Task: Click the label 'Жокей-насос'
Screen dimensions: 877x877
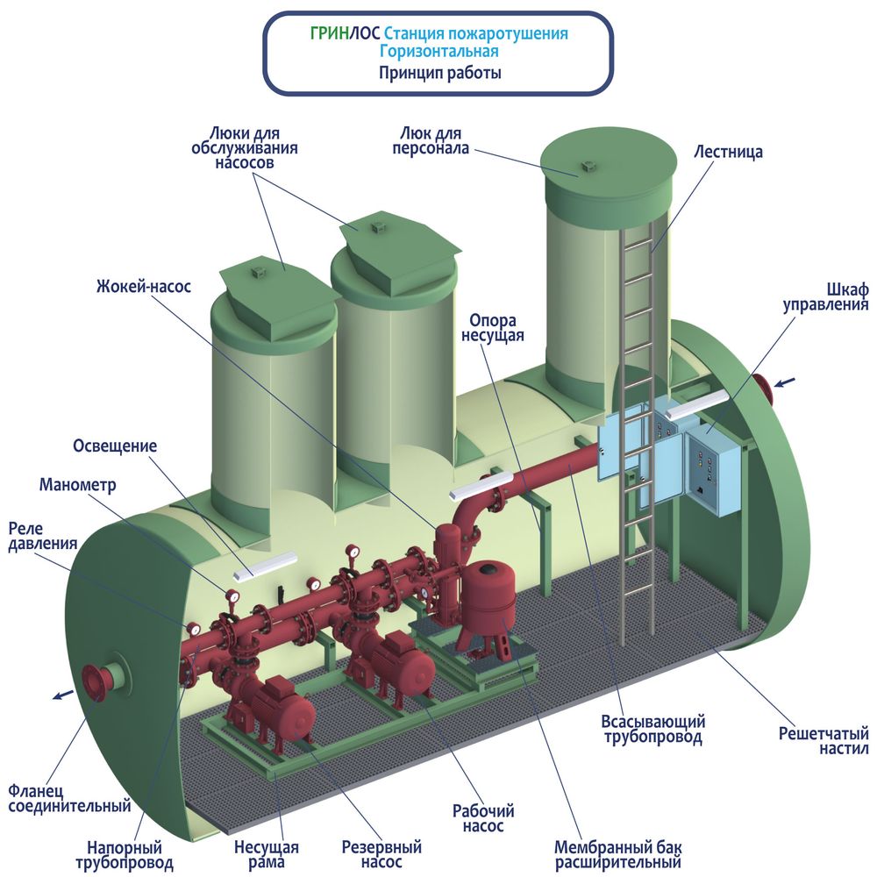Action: coord(144,287)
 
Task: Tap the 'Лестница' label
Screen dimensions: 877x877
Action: coord(728,152)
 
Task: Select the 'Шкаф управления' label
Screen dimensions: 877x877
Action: coord(825,297)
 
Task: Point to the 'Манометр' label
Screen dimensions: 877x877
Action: coord(78,484)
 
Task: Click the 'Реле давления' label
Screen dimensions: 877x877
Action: coord(42,537)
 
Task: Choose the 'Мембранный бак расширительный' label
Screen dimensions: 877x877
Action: coord(618,854)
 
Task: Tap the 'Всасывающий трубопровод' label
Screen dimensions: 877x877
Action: coord(652,730)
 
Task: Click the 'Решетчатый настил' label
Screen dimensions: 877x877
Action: coord(824,740)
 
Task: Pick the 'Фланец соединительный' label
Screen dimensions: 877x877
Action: coord(69,798)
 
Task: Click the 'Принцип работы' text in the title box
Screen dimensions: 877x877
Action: coord(439,73)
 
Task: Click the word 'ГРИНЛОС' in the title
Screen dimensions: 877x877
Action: coord(345,33)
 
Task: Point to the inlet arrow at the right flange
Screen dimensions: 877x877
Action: coord(784,382)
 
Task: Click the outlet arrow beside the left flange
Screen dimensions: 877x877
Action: coord(63,695)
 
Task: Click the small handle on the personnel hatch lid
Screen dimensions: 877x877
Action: coord(588,166)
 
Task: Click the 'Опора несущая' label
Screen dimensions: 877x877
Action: coord(492,328)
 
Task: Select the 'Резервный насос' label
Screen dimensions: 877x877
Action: coord(381,854)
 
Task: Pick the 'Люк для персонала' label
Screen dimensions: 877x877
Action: coord(431,140)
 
